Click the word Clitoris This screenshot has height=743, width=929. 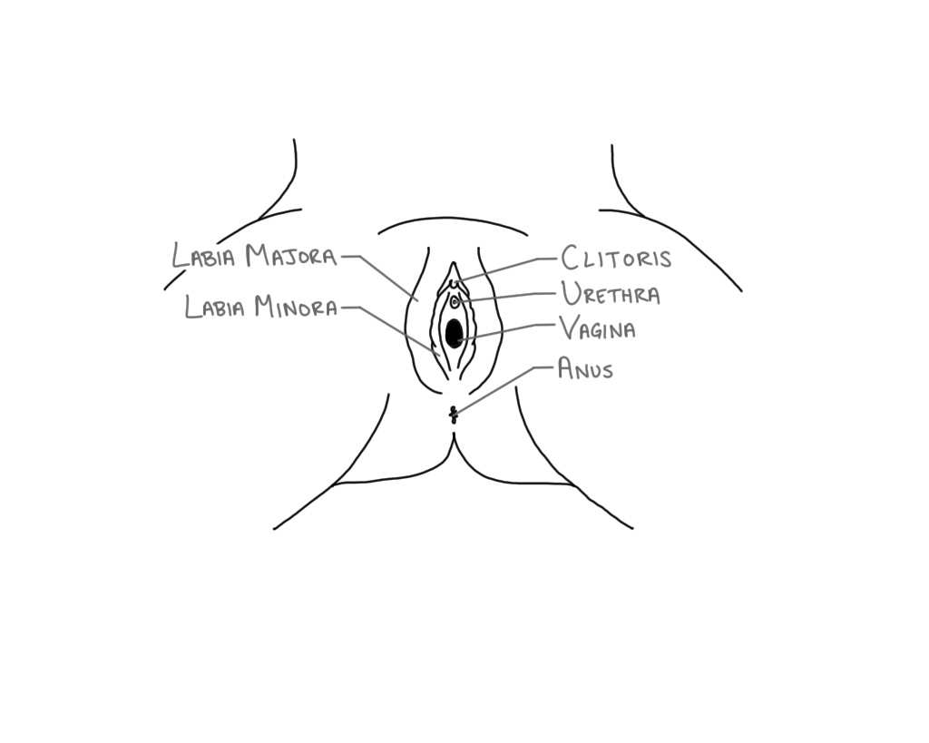(x=617, y=259)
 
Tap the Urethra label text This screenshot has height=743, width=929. (x=611, y=295)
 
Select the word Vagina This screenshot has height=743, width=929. (x=597, y=328)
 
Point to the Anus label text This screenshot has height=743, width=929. (x=585, y=368)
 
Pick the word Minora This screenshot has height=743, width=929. (x=296, y=308)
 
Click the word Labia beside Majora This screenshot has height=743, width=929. (x=204, y=257)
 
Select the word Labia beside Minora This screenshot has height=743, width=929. (x=216, y=308)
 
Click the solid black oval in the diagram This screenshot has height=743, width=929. (x=454, y=333)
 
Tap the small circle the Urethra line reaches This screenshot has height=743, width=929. (x=455, y=300)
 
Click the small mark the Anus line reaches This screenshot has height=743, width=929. (x=454, y=415)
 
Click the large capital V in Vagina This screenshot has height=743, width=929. (x=569, y=327)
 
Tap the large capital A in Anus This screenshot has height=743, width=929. (x=566, y=367)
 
